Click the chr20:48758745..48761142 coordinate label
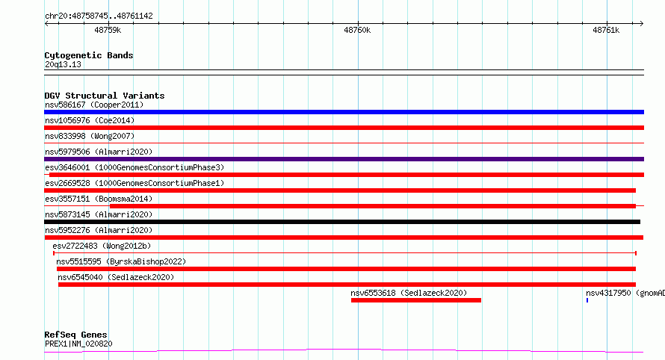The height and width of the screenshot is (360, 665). click(x=99, y=16)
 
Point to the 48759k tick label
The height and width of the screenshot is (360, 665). click(x=108, y=30)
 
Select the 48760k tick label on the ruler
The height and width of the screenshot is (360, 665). click(x=357, y=30)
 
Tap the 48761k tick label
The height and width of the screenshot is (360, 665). click(x=606, y=30)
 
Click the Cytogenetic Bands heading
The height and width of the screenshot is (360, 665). click(x=89, y=55)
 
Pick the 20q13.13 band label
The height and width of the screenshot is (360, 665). click(x=63, y=64)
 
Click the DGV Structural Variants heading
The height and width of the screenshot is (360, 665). click(x=105, y=96)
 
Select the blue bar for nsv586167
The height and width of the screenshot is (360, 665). click(x=344, y=112)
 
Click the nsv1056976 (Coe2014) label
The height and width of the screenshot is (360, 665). click(x=90, y=120)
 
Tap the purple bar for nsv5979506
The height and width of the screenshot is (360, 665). click(x=344, y=159)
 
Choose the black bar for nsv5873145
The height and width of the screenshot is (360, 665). click(x=342, y=222)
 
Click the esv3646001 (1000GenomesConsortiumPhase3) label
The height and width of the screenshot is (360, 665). click(x=134, y=167)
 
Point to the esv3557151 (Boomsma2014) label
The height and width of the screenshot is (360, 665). click(x=99, y=199)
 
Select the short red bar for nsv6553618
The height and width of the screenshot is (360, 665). click(x=416, y=300)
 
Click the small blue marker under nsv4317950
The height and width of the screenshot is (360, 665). click(x=587, y=300)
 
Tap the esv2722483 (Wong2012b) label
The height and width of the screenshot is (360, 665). click(x=102, y=246)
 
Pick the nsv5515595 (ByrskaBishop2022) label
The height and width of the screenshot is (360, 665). click(x=121, y=261)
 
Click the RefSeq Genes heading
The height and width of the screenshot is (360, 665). click(x=75, y=335)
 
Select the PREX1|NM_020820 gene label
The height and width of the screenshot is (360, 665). click(x=78, y=344)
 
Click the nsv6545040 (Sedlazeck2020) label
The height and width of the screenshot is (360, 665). click(x=116, y=277)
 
